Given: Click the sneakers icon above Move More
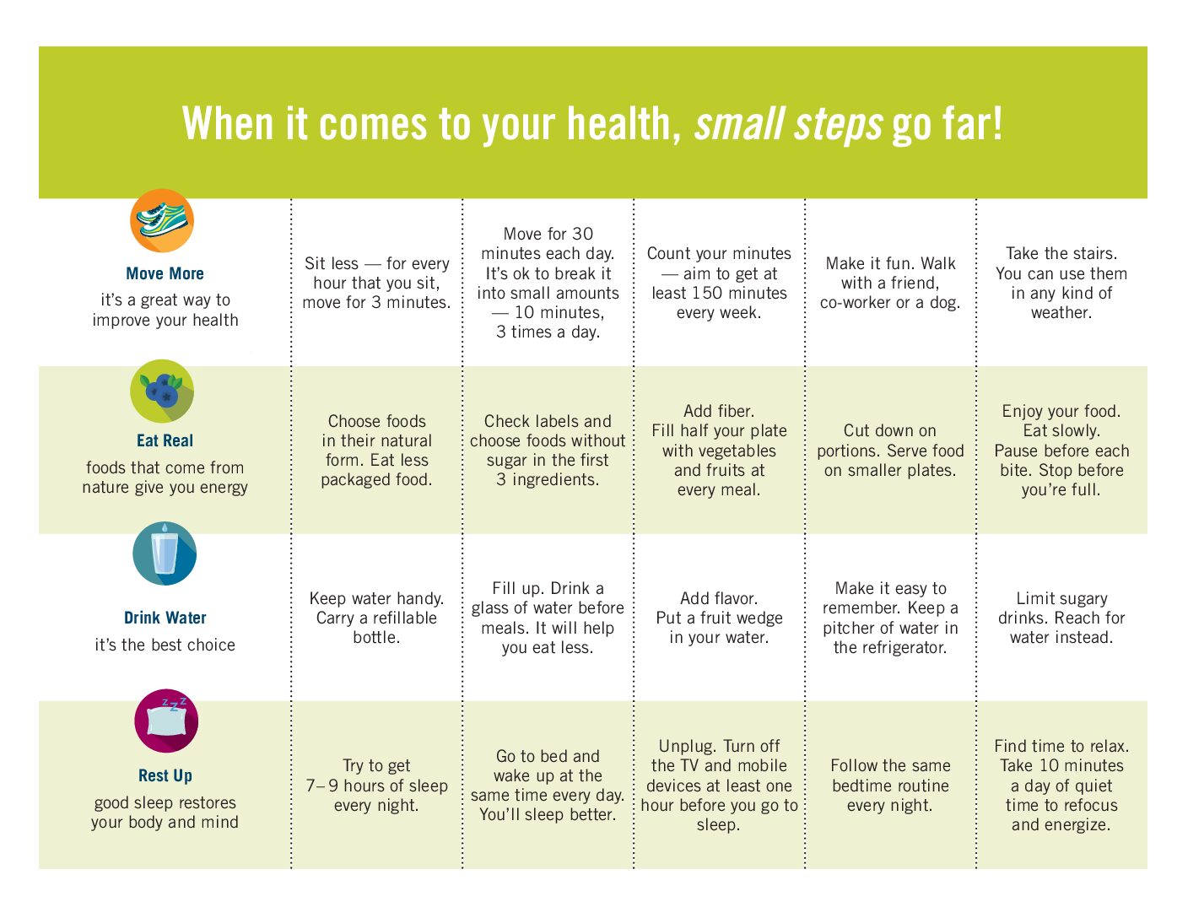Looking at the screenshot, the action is pyautogui.click(x=162, y=220).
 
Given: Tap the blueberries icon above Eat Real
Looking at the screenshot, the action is pyautogui.click(x=162, y=391).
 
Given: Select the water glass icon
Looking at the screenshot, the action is pyautogui.click(x=165, y=553).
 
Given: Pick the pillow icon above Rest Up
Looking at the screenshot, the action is pyautogui.click(x=166, y=721).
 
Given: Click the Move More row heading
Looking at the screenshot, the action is pyautogui.click(x=165, y=273).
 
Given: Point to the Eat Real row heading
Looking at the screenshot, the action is pyautogui.click(x=165, y=440).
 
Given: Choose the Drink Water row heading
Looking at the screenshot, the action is pyautogui.click(x=165, y=618).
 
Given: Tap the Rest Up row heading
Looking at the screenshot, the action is pyautogui.click(x=165, y=776).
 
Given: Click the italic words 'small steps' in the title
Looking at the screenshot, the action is pyautogui.click(x=788, y=123).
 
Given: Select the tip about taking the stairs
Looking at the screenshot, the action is pyautogui.click(x=1061, y=283).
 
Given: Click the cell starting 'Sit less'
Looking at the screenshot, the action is pyautogui.click(x=376, y=283).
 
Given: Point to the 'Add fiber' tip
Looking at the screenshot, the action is pyautogui.click(x=719, y=450).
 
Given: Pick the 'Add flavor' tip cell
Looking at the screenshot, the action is pyautogui.click(x=719, y=618).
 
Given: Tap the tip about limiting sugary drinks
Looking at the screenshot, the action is pyautogui.click(x=1061, y=618).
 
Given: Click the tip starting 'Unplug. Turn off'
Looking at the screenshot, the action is pyautogui.click(x=719, y=786).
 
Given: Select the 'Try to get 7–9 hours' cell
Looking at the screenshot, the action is pyautogui.click(x=376, y=786).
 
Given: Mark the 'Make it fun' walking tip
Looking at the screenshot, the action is pyautogui.click(x=890, y=283).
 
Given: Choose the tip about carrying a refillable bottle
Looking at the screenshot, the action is pyautogui.click(x=376, y=618).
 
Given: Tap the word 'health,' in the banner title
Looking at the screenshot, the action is pyautogui.click(x=624, y=123).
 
